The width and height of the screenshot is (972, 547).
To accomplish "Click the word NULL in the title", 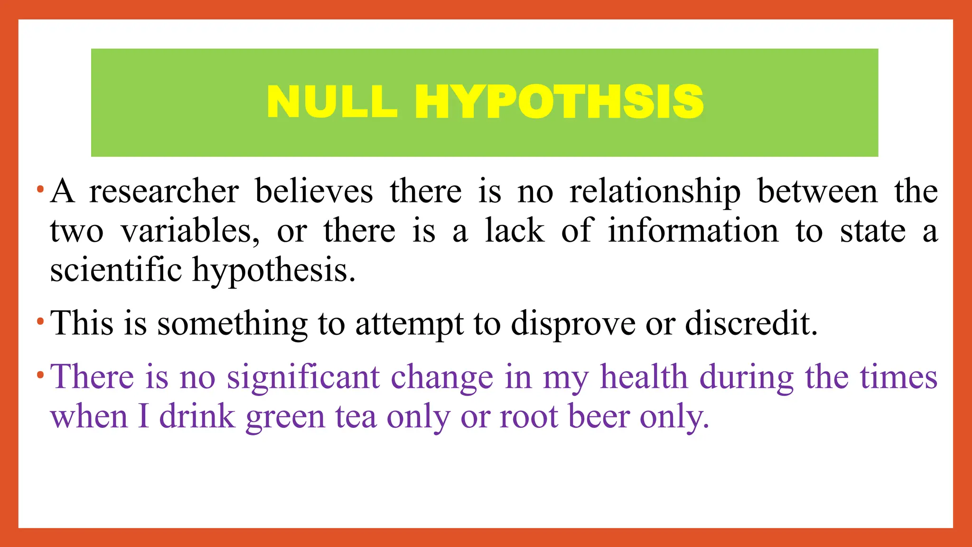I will (x=332, y=102).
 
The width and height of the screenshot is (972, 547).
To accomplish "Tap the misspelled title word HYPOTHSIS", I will (x=559, y=102).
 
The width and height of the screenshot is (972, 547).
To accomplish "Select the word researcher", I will (x=164, y=192).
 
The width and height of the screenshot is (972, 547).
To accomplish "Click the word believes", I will (x=314, y=192).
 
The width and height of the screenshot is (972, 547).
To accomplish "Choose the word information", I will (x=693, y=231).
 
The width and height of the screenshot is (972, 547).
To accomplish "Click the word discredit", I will (x=751, y=324).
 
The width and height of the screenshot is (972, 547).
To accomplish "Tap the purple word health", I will (x=644, y=377).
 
